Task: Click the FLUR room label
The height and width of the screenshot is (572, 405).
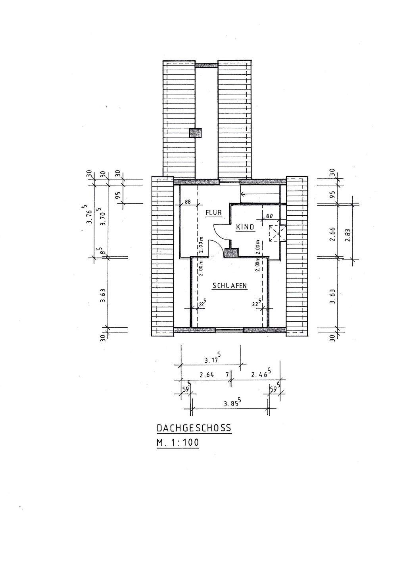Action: (213, 213)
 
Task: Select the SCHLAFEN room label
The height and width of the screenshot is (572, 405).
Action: (230, 286)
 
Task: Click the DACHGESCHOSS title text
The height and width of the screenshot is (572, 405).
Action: (194, 428)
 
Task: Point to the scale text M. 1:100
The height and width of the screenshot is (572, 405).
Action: (177, 443)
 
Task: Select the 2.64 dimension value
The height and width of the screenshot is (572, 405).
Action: (207, 374)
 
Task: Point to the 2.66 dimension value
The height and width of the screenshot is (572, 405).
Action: (333, 234)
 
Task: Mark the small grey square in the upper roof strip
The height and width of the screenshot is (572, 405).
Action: (196, 133)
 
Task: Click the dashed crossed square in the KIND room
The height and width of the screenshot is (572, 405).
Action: (277, 233)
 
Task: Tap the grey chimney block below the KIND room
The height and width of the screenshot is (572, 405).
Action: (231, 253)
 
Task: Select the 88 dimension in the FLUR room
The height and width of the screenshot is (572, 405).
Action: (188, 201)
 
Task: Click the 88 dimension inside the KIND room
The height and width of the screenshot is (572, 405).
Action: (269, 216)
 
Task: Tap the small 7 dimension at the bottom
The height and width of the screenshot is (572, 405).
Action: (227, 374)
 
